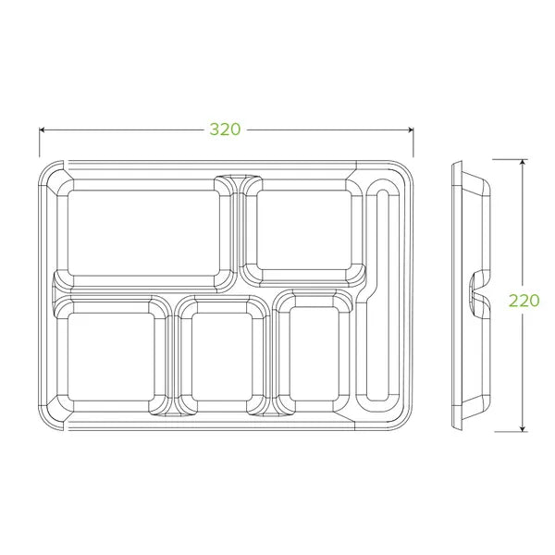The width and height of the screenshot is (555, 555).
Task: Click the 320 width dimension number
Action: pyautogui.click(x=224, y=129)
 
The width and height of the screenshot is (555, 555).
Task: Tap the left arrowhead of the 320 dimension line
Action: pyautogui.click(x=43, y=129)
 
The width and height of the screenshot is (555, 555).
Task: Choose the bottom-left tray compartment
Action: pyautogui.click(x=109, y=355)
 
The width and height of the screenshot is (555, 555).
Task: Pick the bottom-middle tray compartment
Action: pyautogui.click(x=221, y=355)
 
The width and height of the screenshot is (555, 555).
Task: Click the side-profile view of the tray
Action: pyautogui.click(x=470, y=296)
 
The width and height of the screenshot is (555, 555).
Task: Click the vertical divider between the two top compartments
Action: pyautogui.click(x=238, y=231)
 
